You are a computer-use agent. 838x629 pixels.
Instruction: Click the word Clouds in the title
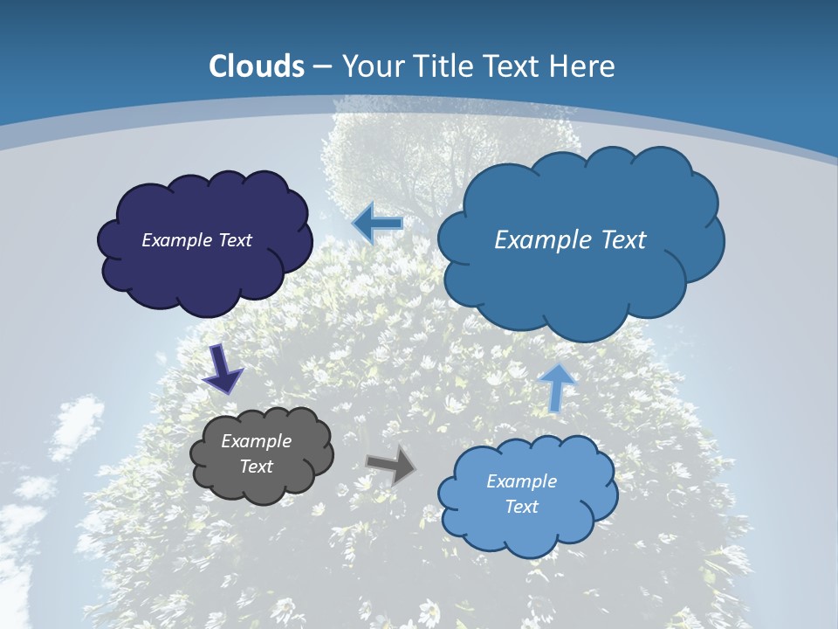(257, 66)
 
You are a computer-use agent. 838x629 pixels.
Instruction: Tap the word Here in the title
(583, 66)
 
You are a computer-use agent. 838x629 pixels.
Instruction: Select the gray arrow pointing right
(391, 465)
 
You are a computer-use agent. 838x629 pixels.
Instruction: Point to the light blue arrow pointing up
(557, 386)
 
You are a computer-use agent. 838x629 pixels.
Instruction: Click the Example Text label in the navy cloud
(196, 240)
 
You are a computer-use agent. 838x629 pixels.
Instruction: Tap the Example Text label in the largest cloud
(570, 240)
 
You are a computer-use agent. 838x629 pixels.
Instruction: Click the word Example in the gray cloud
(256, 441)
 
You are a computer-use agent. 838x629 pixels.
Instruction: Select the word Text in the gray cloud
(256, 467)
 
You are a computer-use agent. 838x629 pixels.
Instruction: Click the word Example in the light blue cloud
(521, 481)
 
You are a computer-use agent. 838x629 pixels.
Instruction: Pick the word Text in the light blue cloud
(521, 507)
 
